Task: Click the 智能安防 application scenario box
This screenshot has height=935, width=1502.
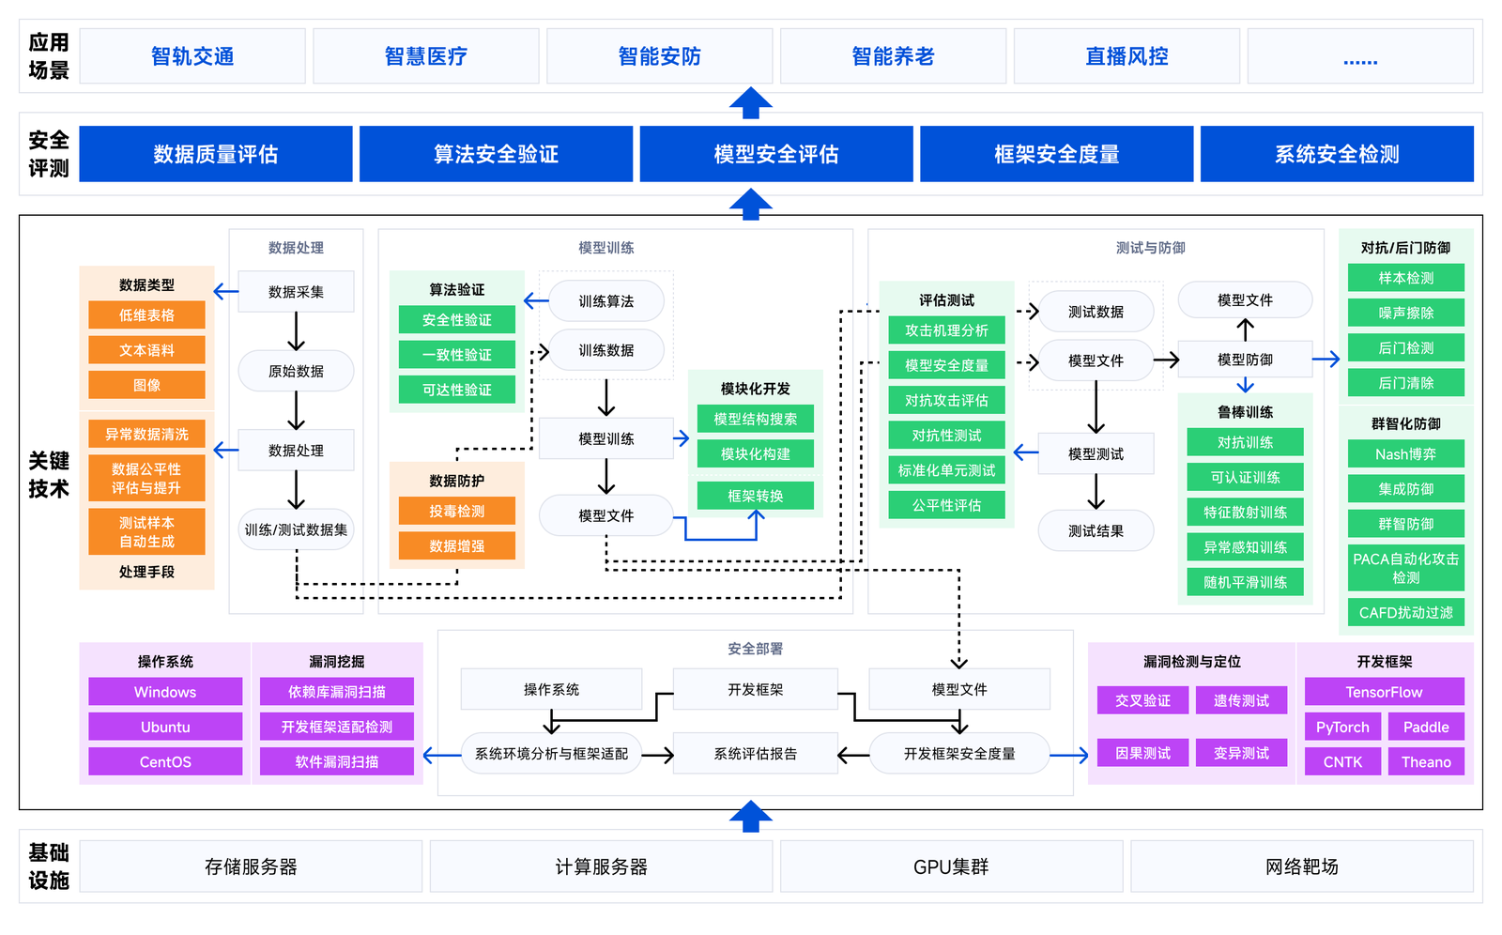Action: click(x=659, y=56)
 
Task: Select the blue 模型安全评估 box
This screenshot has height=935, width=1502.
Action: click(x=776, y=154)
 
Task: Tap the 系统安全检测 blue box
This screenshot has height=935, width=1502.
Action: click(x=1337, y=154)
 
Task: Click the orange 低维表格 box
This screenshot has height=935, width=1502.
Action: click(x=146, y=315)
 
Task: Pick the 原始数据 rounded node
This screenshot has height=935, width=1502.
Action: click(x=296, y=371)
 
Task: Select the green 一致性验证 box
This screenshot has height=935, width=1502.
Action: click(x=457, y=355)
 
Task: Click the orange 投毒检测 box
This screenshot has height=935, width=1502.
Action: click(x=457, y=511)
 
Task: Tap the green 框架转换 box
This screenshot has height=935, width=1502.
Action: click(x=755, y=496)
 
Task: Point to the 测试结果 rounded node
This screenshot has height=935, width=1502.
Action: click(x=1096, y=530)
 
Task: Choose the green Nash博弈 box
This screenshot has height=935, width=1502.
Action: click(x=1405, y=454)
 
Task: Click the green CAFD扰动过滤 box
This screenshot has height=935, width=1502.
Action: click(x=1405, y=612)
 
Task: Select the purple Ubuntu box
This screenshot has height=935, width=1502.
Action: click(x=165, y=727)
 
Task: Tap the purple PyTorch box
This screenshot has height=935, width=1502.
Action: click(x=1342, y=727)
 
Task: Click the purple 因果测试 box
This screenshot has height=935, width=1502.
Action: click(x=1142, y=753)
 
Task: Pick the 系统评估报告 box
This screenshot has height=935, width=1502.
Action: click(x=755, y=754)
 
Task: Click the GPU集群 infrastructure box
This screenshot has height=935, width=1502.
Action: click(x=951, y=866)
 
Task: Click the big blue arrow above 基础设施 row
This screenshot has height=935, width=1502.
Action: click(x=751, y=816)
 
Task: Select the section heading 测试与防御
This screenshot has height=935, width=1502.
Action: click(x=1150, y=248)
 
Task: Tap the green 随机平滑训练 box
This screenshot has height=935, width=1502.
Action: click(x=1245, y=582)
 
